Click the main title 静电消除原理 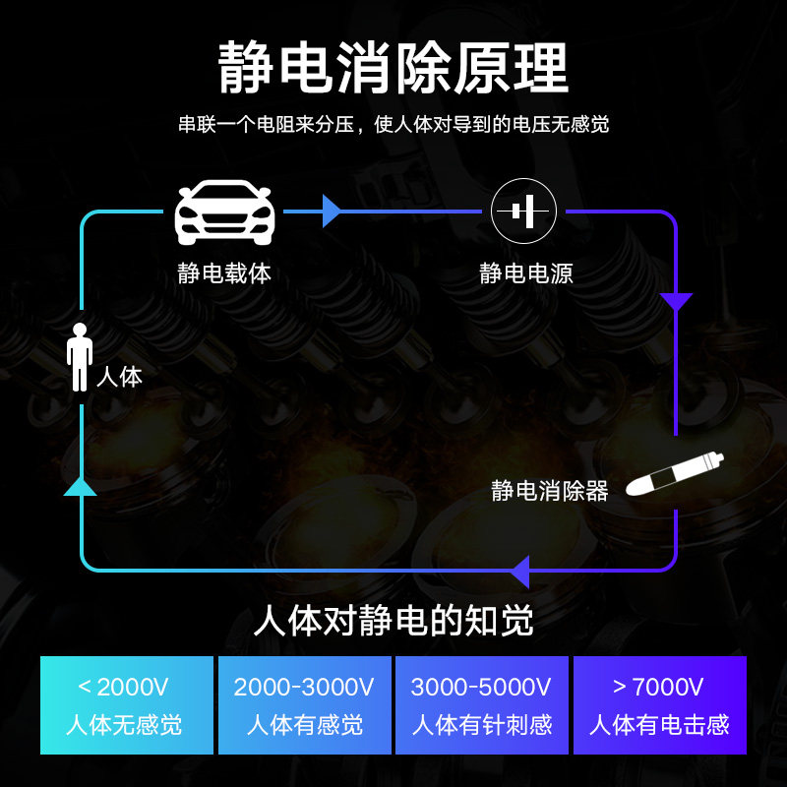click(x=393, y=68)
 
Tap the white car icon click(x=224, y=212)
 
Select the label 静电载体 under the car click(x=224, y=273)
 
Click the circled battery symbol click(x=523, y=212)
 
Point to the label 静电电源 click(x=526, y=273)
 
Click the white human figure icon click(x=80, y=357)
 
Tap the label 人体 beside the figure click(x=119, y=377)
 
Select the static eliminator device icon click(x=675, y=474)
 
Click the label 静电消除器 click(x=550, y=491)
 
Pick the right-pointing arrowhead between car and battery click(x=332, y=212)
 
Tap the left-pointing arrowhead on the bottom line click(x=520, y=571)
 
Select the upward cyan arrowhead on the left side click(x=80, y=486)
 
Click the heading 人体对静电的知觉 click(x=393, y=621)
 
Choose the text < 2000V click(x=123, y=687)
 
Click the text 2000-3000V click(x=304, y=687)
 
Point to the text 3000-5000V click(x=481, y=687)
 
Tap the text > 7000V click(x=658, y=687)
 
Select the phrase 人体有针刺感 click(x=482, y=725)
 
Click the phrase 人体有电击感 click(x=659, y=725)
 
